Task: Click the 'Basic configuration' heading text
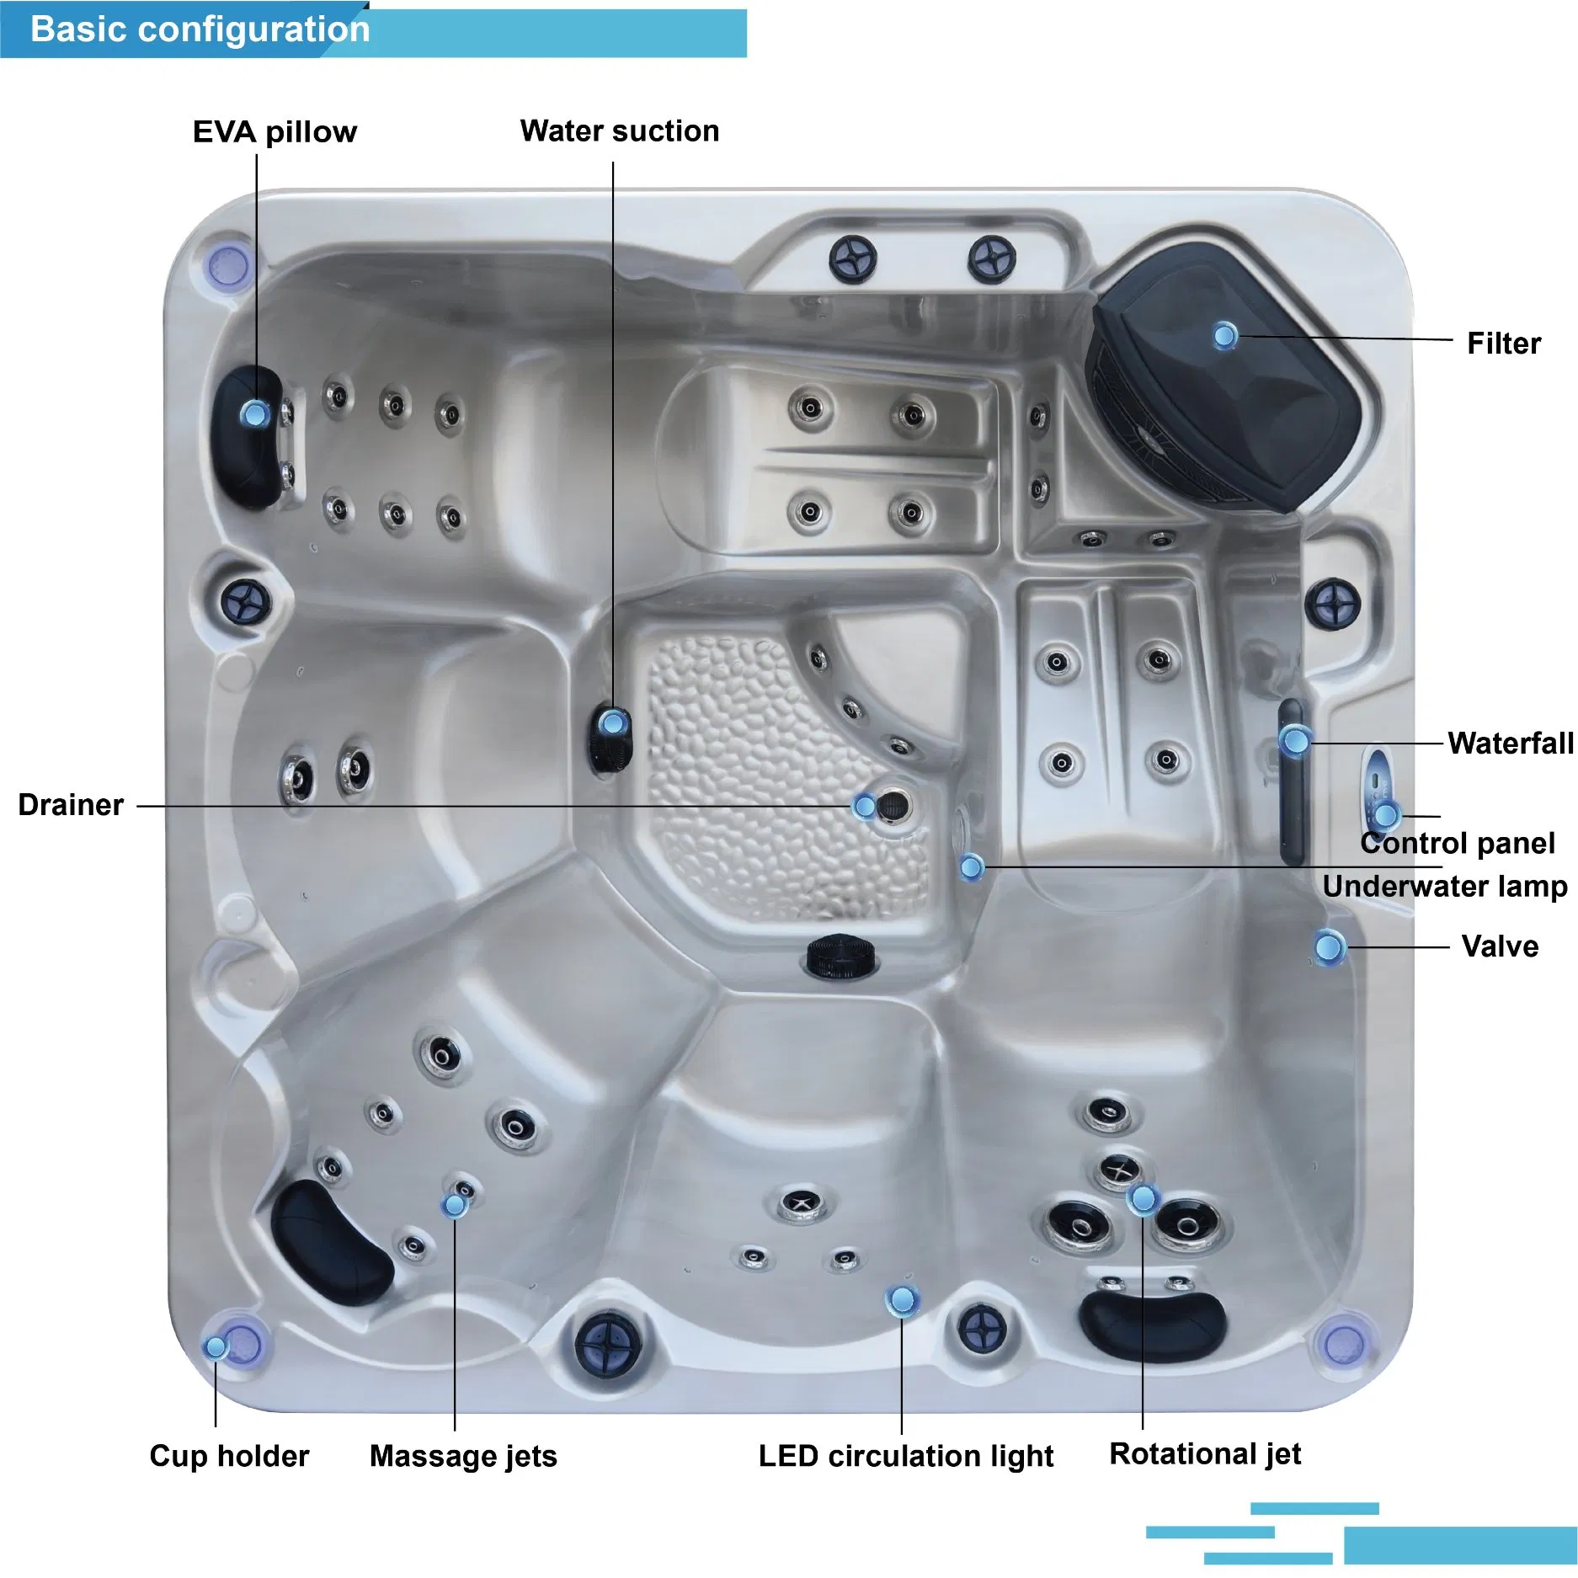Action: [200, 29]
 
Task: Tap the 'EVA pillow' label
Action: [275, 132]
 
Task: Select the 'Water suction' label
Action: [620, 131]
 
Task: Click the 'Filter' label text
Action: [1504, 344]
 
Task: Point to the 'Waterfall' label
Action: [1511, 744]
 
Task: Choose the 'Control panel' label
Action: [1458, 843]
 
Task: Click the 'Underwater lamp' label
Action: [1445, 887]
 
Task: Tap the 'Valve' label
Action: [1500, 946]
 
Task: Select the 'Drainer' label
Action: [71, 805]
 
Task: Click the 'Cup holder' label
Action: [229, 1456]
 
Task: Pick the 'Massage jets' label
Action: [463, 1456]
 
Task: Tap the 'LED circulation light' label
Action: [906, 1456]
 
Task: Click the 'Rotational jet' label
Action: [1205, 1454]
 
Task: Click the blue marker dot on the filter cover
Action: [1225, 337]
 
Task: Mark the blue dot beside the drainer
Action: [864, 806]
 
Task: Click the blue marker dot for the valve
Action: [1329, 947]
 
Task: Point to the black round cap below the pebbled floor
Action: [841, 957]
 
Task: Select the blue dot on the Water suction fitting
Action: [613, 722]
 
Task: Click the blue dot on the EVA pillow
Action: [254, 413]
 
